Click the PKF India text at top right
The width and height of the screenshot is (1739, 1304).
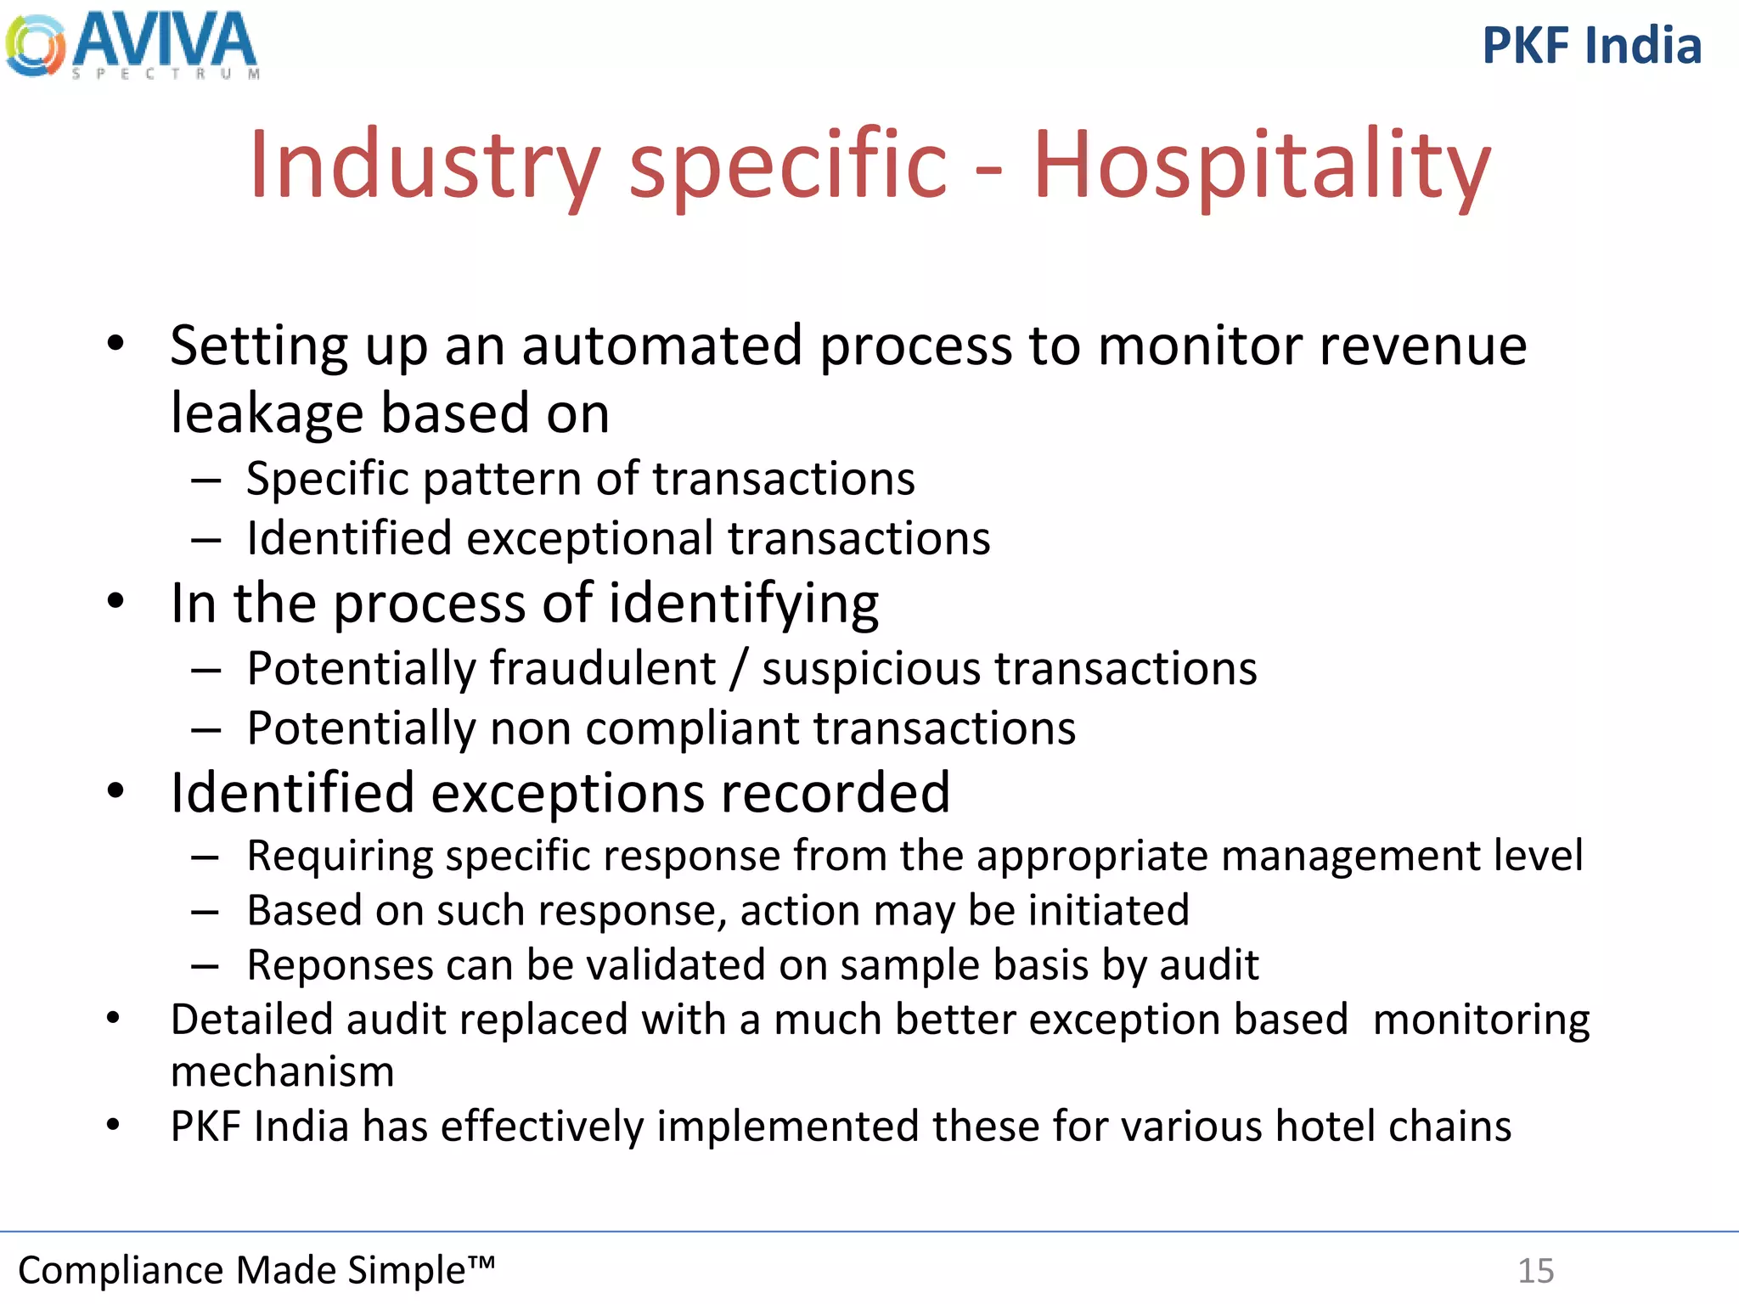(1591, 46)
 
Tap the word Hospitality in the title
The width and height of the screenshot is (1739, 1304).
(1262, 165)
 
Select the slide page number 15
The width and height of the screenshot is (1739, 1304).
(1535, 1271)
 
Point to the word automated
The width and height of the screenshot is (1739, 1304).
(661, 346)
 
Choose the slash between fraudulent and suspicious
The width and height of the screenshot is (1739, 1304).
(739, 668)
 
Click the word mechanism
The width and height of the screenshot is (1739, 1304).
(282, 1072)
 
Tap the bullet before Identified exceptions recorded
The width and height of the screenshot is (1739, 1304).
(115, 791)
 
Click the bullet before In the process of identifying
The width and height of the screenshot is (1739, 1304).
(115, 601)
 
